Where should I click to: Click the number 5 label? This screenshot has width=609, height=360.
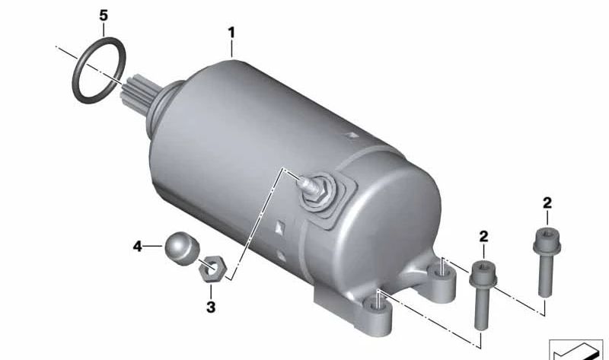click(x=104, y=15)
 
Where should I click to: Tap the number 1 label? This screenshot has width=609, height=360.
click(x=231, y=33)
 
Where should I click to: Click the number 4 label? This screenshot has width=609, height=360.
click(x=138, y=246)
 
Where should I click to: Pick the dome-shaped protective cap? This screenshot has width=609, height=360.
click(x=182, y=248)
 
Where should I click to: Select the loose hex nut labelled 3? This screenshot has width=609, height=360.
click(x=212, y=269)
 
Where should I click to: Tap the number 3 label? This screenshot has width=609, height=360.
click(x=211, y=307)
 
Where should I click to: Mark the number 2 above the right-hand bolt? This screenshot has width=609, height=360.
click(x=547, y=203)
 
